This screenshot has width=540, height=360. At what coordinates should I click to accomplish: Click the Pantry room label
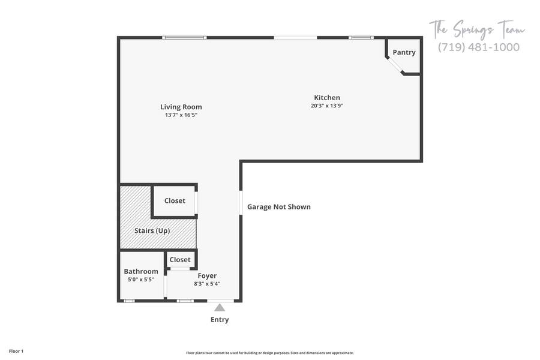pyautogui.click(x=404, y=52)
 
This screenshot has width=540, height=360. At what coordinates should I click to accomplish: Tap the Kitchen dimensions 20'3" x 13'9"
pyautogui.click(x=327, y=106)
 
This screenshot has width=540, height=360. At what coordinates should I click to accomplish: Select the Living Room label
pyautogui.click(x=181, y=107)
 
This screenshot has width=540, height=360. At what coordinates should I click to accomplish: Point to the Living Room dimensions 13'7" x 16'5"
pyautogui.click(x=181, y=115)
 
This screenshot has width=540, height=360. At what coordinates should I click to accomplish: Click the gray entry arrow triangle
pyautogui.click(x=220, y=307)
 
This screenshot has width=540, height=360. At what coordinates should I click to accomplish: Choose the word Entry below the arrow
pyautogui.click(x=220, y=320)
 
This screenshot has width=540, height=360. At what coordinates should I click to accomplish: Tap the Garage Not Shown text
pyautogui.click(x=279, y=206)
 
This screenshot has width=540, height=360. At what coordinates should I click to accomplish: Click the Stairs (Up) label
pyautogui.click(x=152, y=230)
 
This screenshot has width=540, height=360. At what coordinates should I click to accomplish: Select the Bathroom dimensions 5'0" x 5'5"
pyautogui.click(x=141, y=280)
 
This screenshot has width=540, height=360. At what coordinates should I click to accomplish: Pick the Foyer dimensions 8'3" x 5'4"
pyautogui.click(x=207, y=284)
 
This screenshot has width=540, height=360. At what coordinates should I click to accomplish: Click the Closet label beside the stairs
pyautogui.click(x=175, y=200)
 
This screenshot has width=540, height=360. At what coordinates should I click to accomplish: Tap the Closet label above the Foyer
pyautogui.click(x=180, y=260)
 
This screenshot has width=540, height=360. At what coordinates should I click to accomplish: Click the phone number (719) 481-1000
pyautogui.click(x=479, y=47)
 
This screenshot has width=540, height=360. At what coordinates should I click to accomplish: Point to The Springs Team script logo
pyautogui.click(x=477, y=29)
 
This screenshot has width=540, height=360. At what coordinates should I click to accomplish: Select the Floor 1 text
pyautogui.click(x=16, y=351)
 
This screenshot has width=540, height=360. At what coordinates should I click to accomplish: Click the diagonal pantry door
pyautogui.click(x=395, y=65)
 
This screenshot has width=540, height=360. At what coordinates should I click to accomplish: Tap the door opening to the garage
pyautogui.click(x=241, y=203)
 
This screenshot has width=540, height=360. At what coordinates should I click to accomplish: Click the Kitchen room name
pyautogui.click(x=327, y=98)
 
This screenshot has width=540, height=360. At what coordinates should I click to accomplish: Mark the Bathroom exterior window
pyautogui.click(x=129, y=301)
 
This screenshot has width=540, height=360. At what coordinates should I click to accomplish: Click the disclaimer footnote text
pyautogui.click(x=270, y=353)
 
